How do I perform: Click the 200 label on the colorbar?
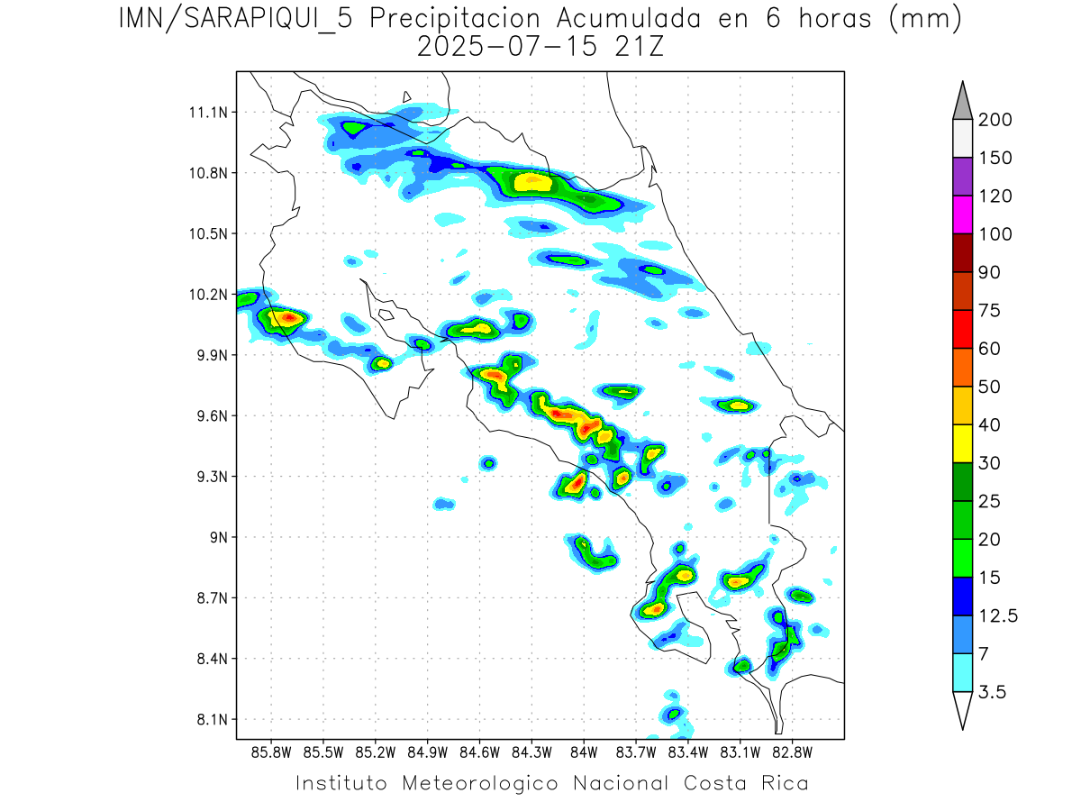995,120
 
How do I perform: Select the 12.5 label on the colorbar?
998,615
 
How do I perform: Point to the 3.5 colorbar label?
994,692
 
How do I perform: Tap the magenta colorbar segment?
962,214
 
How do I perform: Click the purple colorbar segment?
962,177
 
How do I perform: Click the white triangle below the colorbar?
962,709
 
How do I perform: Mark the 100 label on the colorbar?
995,234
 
